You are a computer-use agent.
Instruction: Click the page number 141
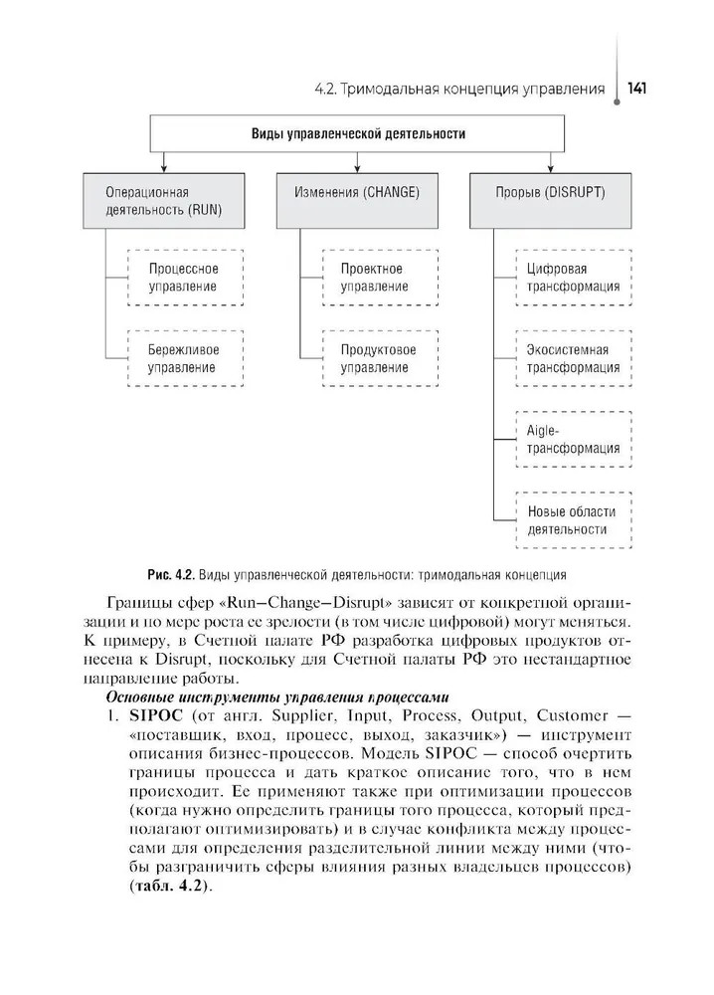click(x=638, y=90)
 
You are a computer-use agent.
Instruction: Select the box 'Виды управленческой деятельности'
click(x=357, y=132)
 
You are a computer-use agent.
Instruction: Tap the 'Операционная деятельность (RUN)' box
click(x=164, y=200)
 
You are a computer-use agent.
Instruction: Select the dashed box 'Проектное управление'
click(x=378, y=278)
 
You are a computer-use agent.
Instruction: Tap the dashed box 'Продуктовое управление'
click(x=378, y=359)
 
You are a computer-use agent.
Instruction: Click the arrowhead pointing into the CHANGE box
click(x=357, y=169)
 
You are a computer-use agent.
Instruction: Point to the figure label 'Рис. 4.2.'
click(x=169, y=574)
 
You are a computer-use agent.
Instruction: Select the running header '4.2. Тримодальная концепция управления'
click(x=458, y=90)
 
